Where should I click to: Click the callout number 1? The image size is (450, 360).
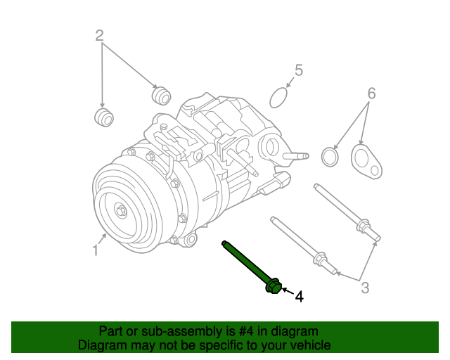[95, 250]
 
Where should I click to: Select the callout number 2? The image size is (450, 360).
[100, 35]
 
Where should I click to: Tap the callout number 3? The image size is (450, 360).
[365, 287]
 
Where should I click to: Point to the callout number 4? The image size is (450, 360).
[299, 297]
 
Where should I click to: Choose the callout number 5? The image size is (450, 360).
[298, 70]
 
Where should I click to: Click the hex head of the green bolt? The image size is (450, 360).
[274, 286]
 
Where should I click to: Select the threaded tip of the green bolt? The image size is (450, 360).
[225, 244]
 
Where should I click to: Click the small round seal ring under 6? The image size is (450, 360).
[330, 156]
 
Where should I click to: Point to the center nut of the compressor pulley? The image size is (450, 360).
[121, 209]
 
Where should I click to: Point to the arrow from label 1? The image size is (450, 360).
[103, 239]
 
